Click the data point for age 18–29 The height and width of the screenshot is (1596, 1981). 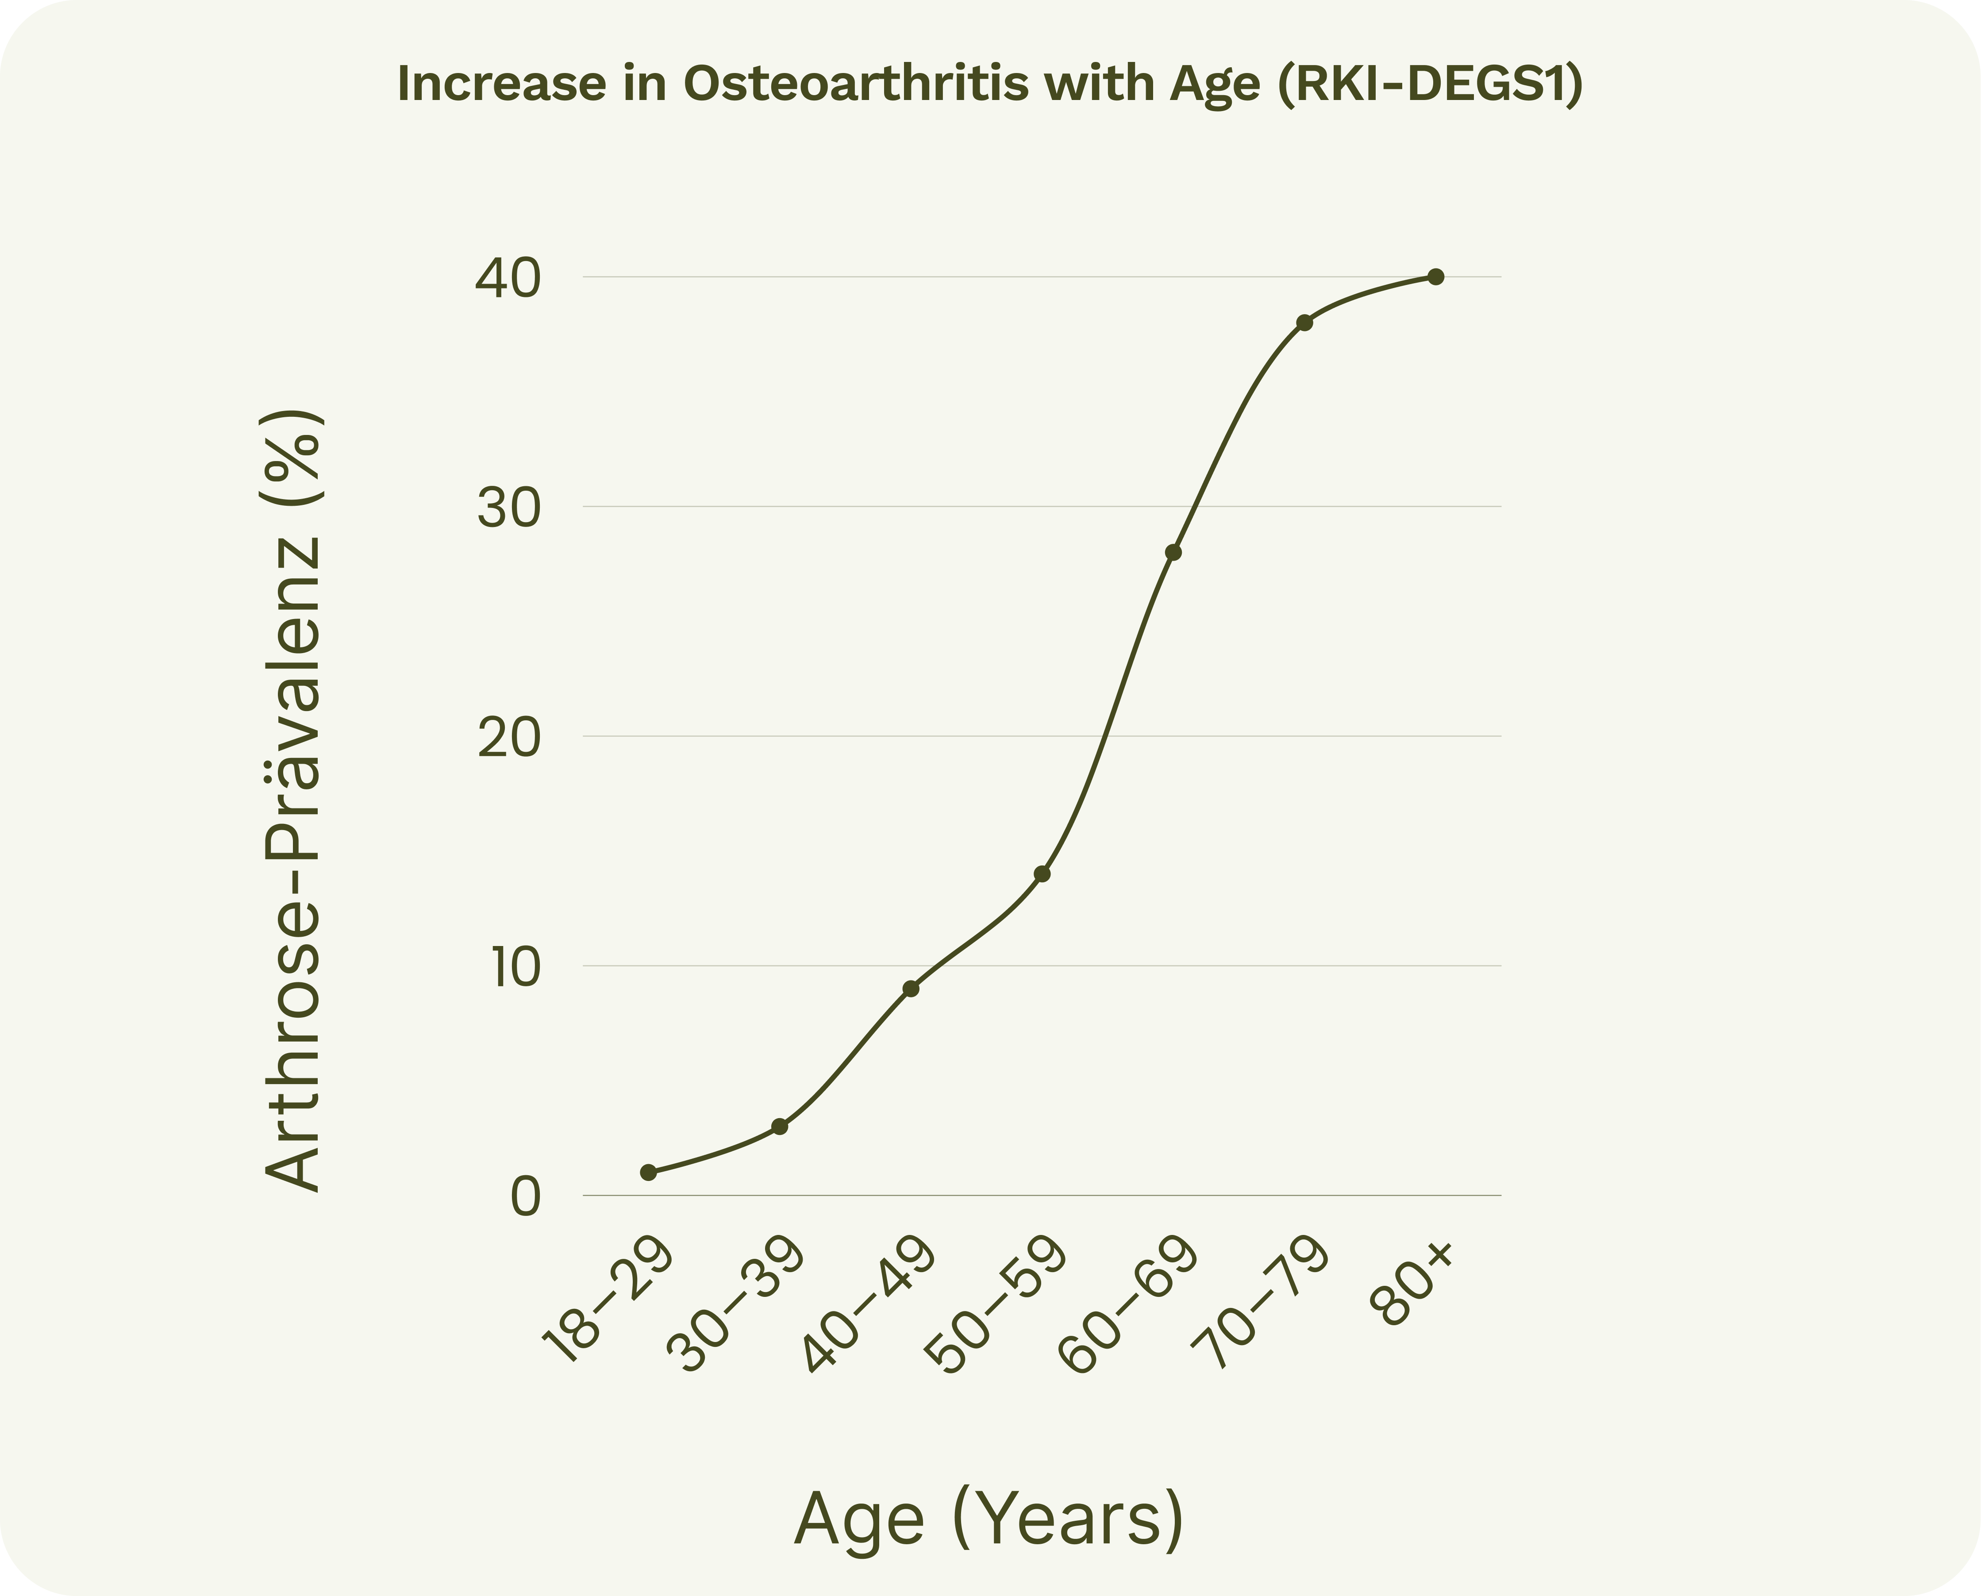coord(648,1172)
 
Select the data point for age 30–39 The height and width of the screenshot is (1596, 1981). coord(780,1126)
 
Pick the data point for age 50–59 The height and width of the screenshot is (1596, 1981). coord(1042,873)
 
